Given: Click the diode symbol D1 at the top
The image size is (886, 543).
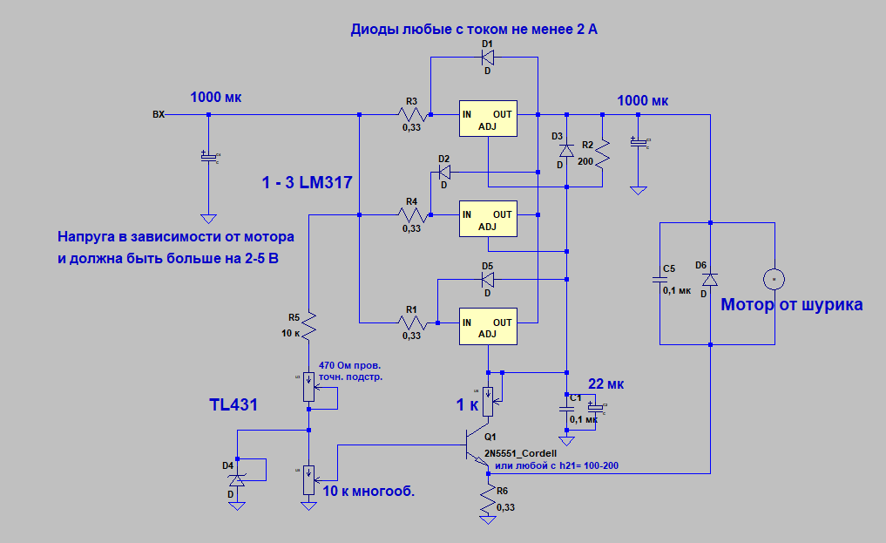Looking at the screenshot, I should [x=487, y=58].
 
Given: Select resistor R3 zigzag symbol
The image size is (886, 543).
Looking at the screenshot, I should [x=411, y=114].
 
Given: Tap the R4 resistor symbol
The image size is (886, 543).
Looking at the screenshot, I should [x=411, y=214].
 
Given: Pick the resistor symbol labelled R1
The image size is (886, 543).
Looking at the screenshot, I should [x=411, y=322].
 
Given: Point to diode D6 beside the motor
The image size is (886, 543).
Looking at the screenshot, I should [x=711, y=279].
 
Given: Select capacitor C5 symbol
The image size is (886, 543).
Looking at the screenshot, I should [x=659, y=280].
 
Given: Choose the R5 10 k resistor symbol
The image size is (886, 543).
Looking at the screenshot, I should [x=308, y=326].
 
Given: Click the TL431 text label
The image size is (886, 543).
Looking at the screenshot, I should [x=233, y=405].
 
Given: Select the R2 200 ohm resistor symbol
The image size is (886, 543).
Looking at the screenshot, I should [x=602, y=155].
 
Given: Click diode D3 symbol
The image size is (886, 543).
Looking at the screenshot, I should [x=565, y=150].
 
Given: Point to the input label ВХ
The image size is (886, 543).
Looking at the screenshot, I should [x=159, y=114].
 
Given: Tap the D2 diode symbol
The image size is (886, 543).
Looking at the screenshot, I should [x=444, y=172].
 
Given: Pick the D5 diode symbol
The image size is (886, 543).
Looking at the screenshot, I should [x=487, y=280].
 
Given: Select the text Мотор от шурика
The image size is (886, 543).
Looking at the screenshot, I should [x=791, y=305].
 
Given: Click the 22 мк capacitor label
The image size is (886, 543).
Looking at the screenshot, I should [x=606, y=384].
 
